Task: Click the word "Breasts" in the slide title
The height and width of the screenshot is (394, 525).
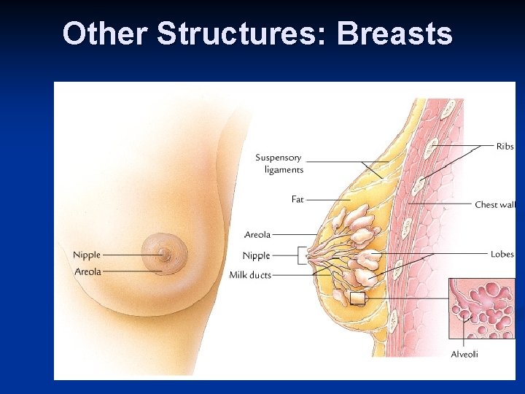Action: tap(394, 34)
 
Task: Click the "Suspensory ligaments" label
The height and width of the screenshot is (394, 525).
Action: tap(279, 163)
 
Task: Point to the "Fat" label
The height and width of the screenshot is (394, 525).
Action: tap(297, 199)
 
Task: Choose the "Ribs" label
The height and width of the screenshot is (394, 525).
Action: tap(505, 147)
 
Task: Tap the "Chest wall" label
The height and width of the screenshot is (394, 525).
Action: tap(495, 205)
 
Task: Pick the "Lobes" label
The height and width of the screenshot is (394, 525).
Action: tap(502, 254)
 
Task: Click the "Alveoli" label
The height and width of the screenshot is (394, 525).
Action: tap(465, 355)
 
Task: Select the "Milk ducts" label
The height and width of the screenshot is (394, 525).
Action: tap(250, 275)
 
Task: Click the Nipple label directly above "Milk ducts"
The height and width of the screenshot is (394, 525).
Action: tap(256, 255)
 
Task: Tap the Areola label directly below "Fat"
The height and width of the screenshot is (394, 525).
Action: tap(257, 235)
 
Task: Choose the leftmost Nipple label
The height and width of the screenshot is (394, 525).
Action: tap(87, 255)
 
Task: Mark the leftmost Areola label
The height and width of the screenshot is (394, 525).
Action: tap(87, 271)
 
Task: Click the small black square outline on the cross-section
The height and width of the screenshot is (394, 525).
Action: tap(357, 298)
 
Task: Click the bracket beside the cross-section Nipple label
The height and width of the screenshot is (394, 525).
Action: tap(301, 255)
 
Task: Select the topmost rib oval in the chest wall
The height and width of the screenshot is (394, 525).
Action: tap(449, 109)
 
